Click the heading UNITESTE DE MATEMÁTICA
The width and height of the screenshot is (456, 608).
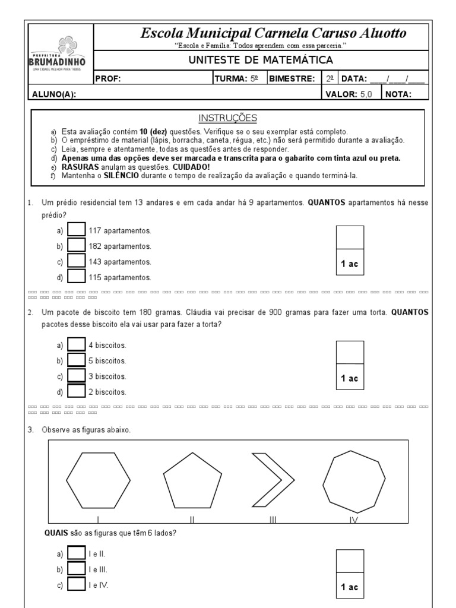tap(261, 60)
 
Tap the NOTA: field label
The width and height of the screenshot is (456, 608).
tap(398, 94)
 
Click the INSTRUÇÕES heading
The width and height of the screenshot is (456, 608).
tap(227, 118)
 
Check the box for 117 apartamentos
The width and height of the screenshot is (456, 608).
tap(77, 230)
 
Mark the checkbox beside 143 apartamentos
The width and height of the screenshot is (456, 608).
tap(77, 261)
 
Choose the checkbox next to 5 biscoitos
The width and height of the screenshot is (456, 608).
tap(77, 360)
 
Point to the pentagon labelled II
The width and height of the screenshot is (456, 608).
tap(193, 481)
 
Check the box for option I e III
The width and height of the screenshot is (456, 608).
tap(77, 569)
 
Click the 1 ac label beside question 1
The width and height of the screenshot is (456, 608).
tap(350, 264)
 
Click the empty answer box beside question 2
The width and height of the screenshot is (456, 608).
tap(350, 351)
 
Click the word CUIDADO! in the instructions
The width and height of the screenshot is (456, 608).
tap(192, 167)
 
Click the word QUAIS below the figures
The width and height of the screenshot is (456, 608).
tap(56, 532)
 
